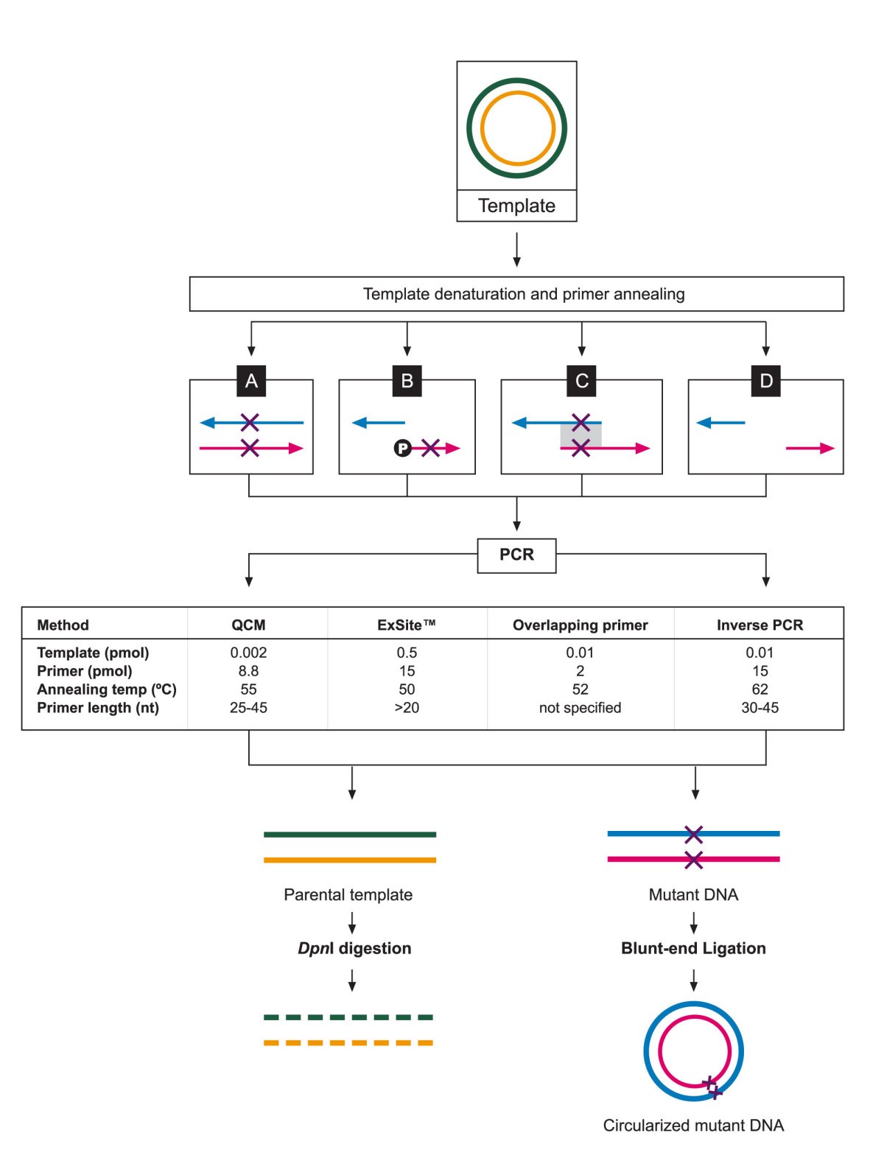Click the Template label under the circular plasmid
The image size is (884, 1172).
516,206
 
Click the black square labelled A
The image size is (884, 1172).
251,381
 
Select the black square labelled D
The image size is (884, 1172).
766,381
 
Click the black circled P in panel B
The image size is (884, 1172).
402,448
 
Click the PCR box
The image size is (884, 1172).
516,555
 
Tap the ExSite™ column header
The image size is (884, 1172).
407,625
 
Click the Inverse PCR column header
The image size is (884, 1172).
760,625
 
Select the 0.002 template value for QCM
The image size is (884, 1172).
248,653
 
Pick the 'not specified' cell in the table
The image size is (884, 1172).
580,708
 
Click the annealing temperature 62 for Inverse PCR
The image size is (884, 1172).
760,689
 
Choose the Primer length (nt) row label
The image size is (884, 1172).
98,708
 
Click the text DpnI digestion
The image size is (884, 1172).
354,948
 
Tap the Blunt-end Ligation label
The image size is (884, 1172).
693,948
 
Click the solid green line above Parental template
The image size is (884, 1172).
350,835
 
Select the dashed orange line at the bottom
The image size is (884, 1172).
348,1043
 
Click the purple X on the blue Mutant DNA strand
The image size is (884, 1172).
693,835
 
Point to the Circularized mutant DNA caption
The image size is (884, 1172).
693,1126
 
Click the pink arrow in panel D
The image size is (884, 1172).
810,448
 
